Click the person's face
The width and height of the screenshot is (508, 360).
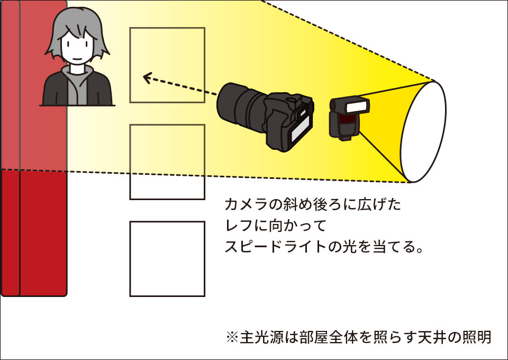(x=77, y=48)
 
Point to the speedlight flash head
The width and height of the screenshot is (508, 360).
(x=355, y=106)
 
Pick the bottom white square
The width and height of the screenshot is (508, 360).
(x=167, y=258)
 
